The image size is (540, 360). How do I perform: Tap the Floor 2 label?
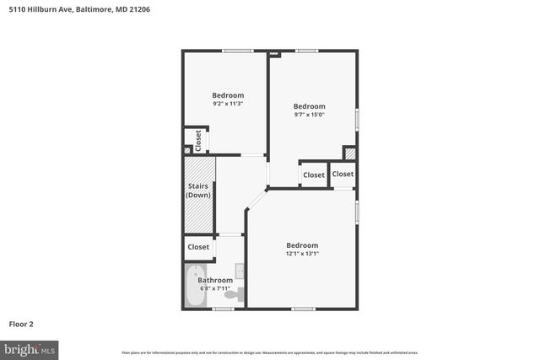[x=21, y=324]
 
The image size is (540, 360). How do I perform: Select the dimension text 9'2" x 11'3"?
[x=228, y=105]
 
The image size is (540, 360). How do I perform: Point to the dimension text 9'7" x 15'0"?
[x=309, y=116]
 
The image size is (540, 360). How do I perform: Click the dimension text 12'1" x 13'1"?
[x=301, y=254]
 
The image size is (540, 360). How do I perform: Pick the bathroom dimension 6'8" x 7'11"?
[x=215, y=288]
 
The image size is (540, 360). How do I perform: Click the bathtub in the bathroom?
[x=195, y=287]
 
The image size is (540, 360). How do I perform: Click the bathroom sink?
[x=240, y=272]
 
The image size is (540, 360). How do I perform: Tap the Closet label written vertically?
[x=199, y=139]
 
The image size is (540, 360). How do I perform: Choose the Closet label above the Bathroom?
[x=198, y=247]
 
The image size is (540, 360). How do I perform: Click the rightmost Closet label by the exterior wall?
[x=343, y=174]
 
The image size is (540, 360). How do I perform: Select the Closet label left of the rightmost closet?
[x=314, y=175]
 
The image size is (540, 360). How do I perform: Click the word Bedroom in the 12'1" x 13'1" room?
[x=301, y=244]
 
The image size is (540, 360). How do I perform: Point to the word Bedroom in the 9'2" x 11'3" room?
[x=228, y=95]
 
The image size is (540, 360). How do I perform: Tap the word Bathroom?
[x=215, y=280]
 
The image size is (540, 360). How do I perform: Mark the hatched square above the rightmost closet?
[x=349, y=153]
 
